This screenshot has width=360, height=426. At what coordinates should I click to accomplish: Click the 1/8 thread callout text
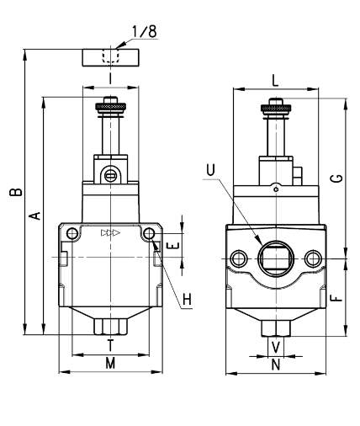tap(144, 31)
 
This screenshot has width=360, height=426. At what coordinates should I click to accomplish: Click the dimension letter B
tap(16, 192)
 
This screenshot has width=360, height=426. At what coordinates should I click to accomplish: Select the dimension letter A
tap(35, 216)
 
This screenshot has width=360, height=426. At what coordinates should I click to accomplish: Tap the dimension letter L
tap(276, 82)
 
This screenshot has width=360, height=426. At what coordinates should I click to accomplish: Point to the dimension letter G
tap(338, 178)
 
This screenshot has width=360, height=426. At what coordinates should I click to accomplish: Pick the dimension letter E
tap(172, 246)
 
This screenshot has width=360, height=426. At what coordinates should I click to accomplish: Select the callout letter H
tap(187, 300)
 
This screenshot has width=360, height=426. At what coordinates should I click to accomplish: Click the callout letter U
tap(211, 170)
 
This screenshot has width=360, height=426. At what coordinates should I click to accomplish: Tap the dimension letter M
tap(110, 364)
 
